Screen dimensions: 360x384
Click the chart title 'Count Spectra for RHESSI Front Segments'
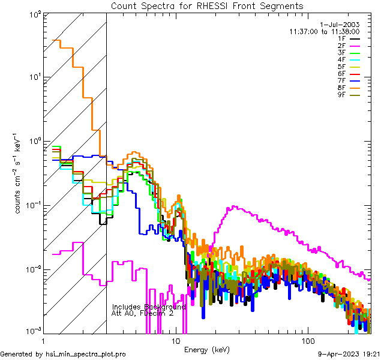[x=207, y=6]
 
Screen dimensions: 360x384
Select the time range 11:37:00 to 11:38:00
[x=324, y=31]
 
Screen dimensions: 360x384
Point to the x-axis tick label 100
[x=307, y=341]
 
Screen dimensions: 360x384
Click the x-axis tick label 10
[x=175, y=341]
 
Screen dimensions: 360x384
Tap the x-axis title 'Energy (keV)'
[x=207, y=349]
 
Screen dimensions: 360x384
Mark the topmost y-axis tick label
[x=34, y=13]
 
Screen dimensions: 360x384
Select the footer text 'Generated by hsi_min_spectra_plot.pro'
[x=64, y=354]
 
